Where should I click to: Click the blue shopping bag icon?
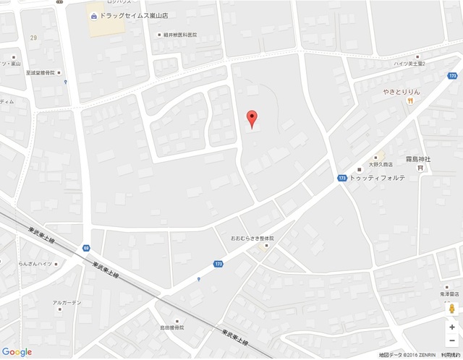coord(94,15)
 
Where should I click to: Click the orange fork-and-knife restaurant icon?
coord(410,101)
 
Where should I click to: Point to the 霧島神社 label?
coord(418,158)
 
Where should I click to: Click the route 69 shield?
coord(86,248)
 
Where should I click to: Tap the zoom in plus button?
coord(452,327)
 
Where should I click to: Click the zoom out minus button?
coord(452,340)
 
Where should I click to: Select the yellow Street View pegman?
coord(452,309)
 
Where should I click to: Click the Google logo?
coord(17,352)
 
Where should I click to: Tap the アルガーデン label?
coord(67,302)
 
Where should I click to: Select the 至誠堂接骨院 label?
coord(45,73)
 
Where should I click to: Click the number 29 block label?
coord(33,37)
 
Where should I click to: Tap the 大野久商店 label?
coord(380,164)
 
